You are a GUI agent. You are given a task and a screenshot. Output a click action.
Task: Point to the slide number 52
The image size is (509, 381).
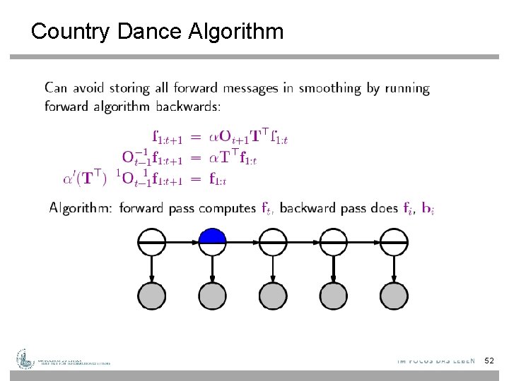(489, 361)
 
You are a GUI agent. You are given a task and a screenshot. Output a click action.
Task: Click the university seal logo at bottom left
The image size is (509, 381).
(26, 359)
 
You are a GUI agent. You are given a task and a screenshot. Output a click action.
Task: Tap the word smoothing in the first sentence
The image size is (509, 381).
(326, 89)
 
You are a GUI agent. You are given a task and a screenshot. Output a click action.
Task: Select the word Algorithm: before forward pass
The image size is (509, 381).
(81, 208)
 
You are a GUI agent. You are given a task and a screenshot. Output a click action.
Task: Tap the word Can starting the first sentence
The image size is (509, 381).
(57, 89)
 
